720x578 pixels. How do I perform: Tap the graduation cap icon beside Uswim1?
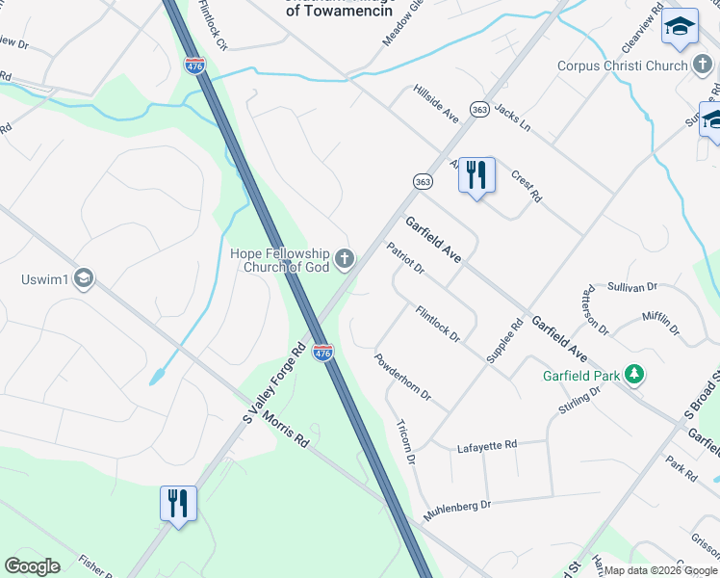(x=84, y=279)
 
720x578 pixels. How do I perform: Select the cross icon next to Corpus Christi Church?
(x=704, y=66)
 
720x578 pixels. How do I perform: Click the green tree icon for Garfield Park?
(x=633, y=373)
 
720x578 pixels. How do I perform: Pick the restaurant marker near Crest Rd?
(x=476, y=176)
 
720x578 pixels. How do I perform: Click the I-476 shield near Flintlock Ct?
(x=193, y=66)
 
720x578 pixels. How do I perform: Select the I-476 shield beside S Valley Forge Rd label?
(x=322, y=353)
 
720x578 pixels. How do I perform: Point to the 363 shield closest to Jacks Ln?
(x=479, y=110)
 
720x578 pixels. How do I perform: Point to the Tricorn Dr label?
(x=405, y=442)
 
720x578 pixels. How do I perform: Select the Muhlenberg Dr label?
(x=458, y=504)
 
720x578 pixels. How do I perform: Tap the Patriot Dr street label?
(x=405, y=258)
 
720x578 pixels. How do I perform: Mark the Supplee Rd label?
(x=503, y=341)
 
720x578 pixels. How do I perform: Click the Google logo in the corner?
(x=32, y=566)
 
